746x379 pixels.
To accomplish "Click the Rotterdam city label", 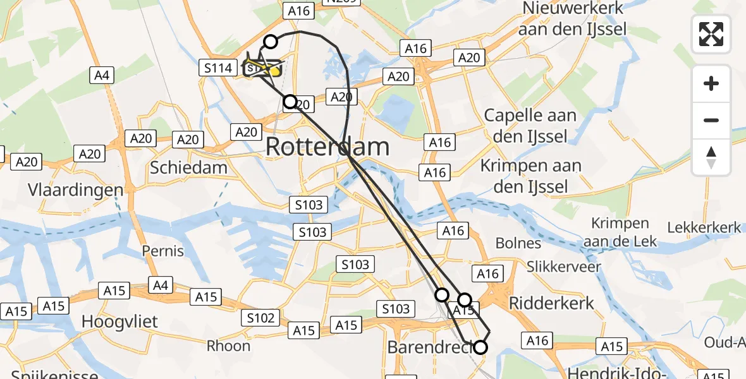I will tap(327, 147).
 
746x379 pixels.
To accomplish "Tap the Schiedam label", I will tap(188, 167).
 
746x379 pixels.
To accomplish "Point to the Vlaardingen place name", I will tap(76, 190).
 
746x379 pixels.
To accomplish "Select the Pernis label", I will tap(162, 251).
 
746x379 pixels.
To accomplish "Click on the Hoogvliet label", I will tap(119, 321).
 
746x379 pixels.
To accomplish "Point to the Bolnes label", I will tap(518, 243).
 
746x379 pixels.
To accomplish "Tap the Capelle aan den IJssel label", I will tap(530, 126).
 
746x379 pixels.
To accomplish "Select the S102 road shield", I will tap(260, 318).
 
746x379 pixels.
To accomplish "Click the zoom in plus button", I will tap(711, 83).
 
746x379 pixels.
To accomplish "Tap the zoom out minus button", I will tap(711, 120).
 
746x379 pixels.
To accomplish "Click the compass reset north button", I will tap(711, 157).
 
